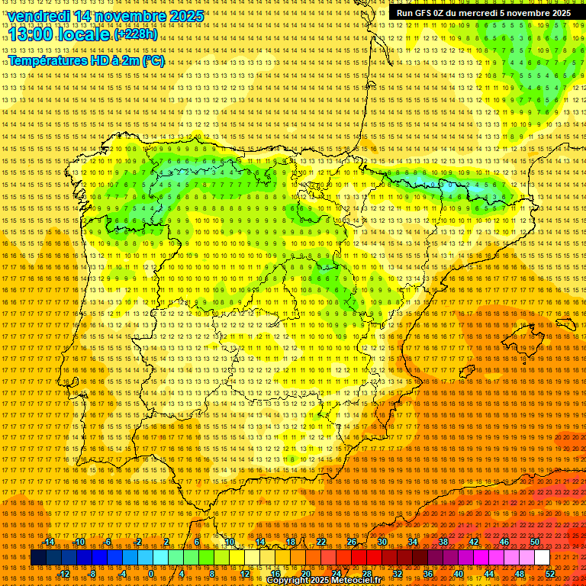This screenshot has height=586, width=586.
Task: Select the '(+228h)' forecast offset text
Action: (x=136, y=34)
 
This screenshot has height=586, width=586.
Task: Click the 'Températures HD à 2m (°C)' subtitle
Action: (x=86, y=61)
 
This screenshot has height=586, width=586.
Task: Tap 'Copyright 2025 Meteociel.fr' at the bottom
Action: (x=335, y=581)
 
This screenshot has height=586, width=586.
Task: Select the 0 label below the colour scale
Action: (x=151, y=574)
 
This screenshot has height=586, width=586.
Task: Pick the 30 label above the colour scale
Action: (x=382, y=543)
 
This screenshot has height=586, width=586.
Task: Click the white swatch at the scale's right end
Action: (x=542, y=558)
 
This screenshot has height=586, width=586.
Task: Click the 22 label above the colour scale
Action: (x=320, y=543)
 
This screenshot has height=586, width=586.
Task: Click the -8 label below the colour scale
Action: (x=93, y=574)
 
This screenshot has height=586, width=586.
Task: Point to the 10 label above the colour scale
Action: (x=229, y=543)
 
